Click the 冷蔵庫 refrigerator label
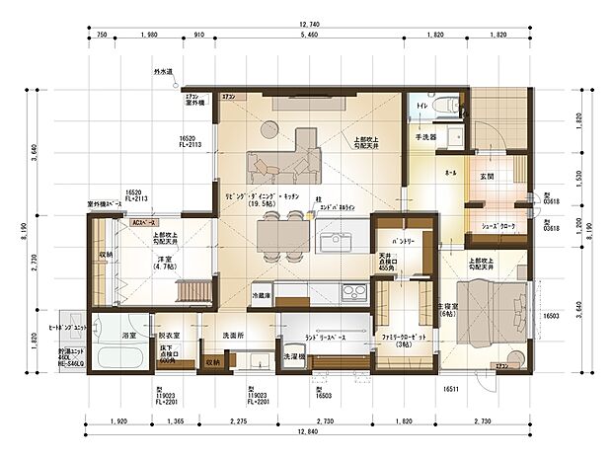(262, 294)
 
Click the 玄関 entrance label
(488, 176)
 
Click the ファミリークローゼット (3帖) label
(395, 341)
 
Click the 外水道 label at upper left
(163, 73)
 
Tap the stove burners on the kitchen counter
(352, 292)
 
